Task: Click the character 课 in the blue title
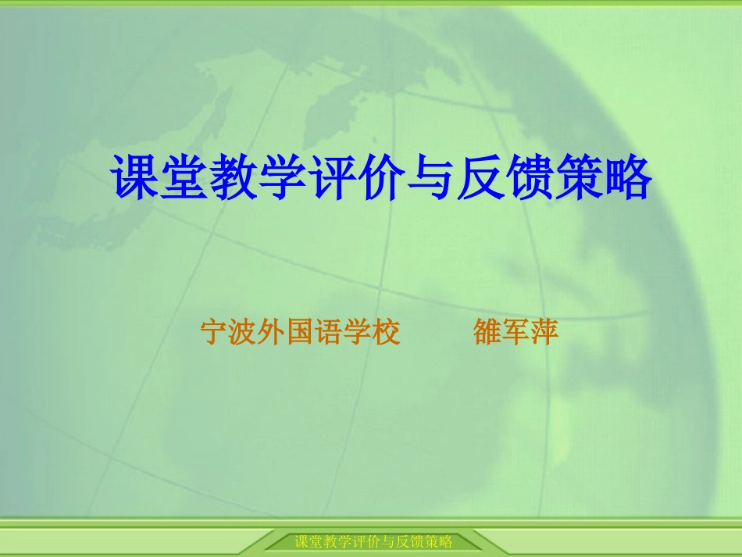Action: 137,179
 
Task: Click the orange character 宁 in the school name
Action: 215,332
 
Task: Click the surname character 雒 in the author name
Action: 487,332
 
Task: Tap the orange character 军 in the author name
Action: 516,332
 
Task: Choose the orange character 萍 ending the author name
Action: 545,332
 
